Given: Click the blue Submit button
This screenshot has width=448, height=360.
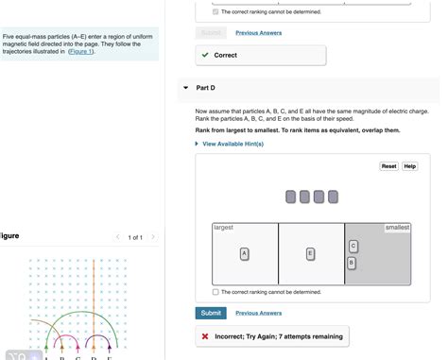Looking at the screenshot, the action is (x=211, y=313).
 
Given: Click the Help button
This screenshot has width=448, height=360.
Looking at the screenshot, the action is (x=410, y=166).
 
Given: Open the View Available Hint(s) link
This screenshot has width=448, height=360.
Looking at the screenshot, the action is (x=233, y=144).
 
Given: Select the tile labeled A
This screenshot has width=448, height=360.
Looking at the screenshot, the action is (x=245, y=254).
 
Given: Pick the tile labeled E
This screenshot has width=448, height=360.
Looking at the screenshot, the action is (x=310, y=254).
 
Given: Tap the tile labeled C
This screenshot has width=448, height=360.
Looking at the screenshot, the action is (x=353, y=247).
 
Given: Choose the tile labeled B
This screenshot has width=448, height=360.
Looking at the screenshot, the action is (x=352, y=263).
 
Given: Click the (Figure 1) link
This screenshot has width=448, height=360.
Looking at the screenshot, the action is (x=81, y=51).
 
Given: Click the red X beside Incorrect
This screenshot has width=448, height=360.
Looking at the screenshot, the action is (x=205, y=336).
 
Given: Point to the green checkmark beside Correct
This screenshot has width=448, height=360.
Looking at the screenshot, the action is (x=205, y=55).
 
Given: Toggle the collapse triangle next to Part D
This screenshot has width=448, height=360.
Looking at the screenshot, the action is (x=186, y=88).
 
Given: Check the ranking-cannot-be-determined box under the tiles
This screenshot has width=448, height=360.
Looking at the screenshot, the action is (x=215, y=292).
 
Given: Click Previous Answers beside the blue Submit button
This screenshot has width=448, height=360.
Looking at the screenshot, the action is (x=259, y=313).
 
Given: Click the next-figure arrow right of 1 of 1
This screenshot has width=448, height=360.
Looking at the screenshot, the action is (x=153, y=237).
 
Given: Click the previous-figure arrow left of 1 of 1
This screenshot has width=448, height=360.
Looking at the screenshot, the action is (x=118, y=237).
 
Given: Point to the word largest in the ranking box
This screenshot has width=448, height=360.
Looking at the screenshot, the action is (x=223, y=228).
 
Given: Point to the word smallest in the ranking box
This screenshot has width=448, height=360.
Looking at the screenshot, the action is (x=397, y=228).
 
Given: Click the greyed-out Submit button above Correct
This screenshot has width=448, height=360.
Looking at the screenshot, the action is (x=211, y=33).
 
